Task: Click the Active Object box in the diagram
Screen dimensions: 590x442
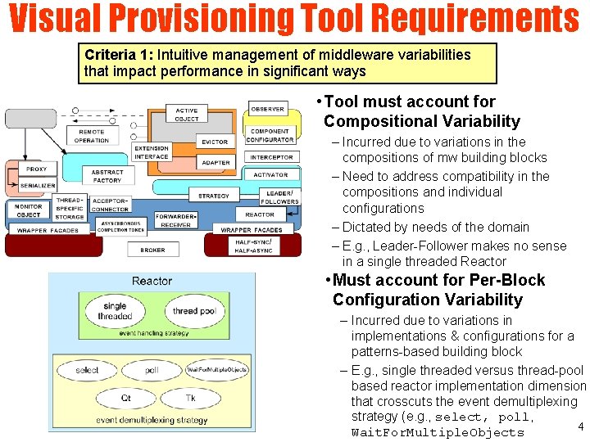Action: [187, 115]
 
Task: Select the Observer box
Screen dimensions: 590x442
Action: [267, 109]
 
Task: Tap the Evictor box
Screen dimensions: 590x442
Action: [215, 142]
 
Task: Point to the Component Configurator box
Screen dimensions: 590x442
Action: [270, 135]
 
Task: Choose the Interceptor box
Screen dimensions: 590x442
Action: [271, 157]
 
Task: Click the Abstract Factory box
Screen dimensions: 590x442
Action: [107, 176]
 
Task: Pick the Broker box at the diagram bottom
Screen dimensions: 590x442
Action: [152, 250]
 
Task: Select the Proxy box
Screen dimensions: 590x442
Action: [36, 169]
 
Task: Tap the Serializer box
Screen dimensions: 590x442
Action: [38, 186]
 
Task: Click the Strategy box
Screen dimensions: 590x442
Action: [214, 196]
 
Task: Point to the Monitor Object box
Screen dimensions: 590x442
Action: [28, 210]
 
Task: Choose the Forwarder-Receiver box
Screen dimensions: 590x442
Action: [176, 219]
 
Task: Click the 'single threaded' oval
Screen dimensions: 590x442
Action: [116, 312]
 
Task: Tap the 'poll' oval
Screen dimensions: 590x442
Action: [152, 370]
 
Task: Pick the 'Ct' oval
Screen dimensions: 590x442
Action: [125, 399]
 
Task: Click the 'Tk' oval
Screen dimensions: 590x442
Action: [190, 399]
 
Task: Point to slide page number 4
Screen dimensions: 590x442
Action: [580, 426]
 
